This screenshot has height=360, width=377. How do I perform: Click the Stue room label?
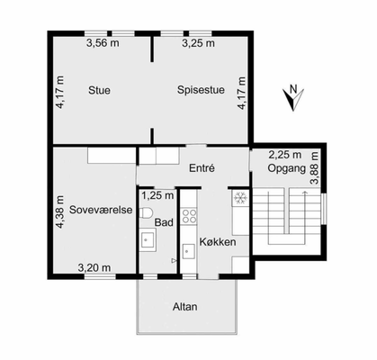click(99, 90)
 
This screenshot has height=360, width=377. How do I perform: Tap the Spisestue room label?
click(201, 90)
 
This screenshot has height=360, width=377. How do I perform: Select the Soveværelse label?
click(101, 210)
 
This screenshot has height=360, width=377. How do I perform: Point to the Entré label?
click(202, 168)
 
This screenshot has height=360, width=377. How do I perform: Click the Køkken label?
click(218, 242)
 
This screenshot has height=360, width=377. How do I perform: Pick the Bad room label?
click(164, 222)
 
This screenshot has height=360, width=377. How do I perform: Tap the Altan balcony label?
click(185, 307)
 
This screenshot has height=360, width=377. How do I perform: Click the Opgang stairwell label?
click(287, 168)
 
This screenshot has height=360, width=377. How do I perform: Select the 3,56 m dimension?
click(103, 43)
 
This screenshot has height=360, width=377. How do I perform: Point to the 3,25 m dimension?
click(198, 43)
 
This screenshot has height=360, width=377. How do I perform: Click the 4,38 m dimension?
click(60, 212)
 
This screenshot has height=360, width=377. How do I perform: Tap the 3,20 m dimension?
click(94, 267)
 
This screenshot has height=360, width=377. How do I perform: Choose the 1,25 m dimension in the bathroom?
click(157, 195)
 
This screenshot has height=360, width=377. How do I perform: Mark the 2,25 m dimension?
click(285, 155)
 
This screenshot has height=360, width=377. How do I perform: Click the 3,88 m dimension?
click(315, 168)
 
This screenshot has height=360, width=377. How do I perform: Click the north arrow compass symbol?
click(293, 98)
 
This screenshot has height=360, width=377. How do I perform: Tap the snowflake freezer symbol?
click(240, 198)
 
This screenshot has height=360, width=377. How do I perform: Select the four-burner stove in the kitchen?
click(190, 216)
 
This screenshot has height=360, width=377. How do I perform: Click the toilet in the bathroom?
click(146, 212)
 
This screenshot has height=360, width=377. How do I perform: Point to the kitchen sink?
click(189, 251)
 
